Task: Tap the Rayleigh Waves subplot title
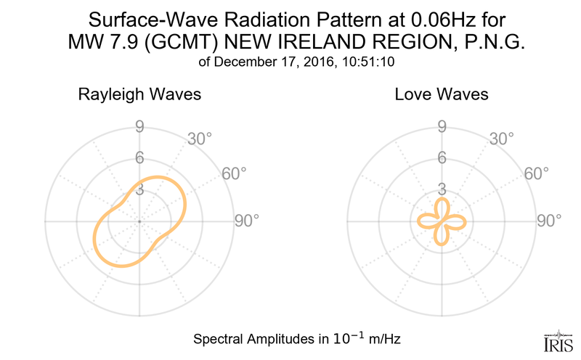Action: pyautogui.click(x=139, y=95)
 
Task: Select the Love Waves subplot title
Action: pyautogui.click(x=441, y=95)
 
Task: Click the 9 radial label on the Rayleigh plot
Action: pyautogui.click(x=139, y=127)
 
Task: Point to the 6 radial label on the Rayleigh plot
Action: pyautogui.click(x=139, y=158)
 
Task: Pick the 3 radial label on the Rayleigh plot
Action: pyautogui.click(x=139, y=189)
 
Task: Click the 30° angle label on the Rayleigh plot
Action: pyautogui.click(x=200, y=138)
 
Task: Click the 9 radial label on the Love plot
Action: pyautogui.click(x=441, y=127)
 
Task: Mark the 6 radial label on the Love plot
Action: pyautogui.click(x=441, y=158)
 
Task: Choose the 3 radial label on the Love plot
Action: pyautogui.click(x=441, y=189)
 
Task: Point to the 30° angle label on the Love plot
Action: pyautogui.click(x=502, y=138)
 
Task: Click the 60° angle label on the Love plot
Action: pyautogui.click(x=535, y=173)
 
